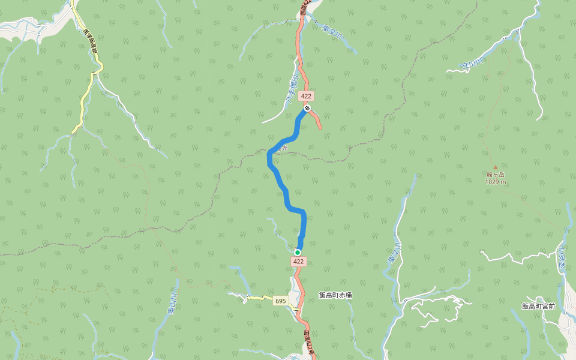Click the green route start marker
click(297, 253)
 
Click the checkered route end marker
click(307, 108)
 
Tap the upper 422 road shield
click(307, 96)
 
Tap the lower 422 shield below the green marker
click(299, 262)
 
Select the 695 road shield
click(280, 301)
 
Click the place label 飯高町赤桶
click(335, 295)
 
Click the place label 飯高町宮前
click(538, 306)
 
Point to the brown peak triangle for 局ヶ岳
click(496, 167)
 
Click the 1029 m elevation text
click(496, 181)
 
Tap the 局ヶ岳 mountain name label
click(496, 175)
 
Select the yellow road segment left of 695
click(258, 298)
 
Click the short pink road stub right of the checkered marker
click(316, 119)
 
